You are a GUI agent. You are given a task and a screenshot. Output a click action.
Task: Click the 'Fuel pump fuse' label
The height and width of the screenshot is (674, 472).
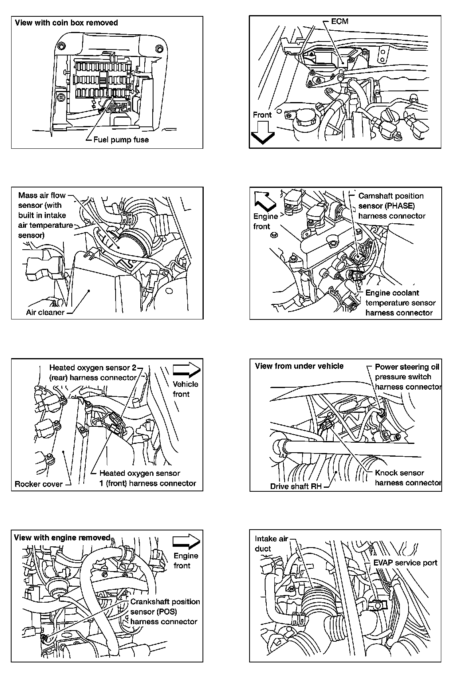coord(121,140)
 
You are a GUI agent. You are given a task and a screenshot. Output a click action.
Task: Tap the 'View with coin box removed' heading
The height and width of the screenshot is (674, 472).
coord(66,23)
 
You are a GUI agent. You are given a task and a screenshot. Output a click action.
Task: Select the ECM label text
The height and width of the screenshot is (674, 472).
coord(340,22)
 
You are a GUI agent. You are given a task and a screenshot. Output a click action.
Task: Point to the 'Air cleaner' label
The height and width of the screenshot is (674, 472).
coord(45,312)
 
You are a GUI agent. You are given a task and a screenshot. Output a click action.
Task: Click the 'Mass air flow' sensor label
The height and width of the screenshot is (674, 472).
coord(42,195)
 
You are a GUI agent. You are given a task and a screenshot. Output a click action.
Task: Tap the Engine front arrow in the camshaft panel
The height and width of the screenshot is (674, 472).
coord(265,201)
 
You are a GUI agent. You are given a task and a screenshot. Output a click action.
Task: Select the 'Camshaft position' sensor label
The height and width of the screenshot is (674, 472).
coord(391,196)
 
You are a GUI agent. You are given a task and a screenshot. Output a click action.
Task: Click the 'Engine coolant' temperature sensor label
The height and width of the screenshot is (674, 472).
coord(392,293)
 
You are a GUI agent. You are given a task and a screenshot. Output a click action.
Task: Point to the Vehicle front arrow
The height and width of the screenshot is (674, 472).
coord(187,370)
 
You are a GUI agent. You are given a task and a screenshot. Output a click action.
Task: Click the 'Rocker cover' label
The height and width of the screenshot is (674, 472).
coord(39,484)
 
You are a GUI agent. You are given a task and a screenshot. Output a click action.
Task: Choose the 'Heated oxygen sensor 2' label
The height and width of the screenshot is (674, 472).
coord(93,368)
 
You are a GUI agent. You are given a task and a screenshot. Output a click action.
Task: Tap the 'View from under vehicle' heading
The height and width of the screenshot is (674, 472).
coord(299,366)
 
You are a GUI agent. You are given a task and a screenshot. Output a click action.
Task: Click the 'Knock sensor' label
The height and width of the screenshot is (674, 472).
coord(399,473)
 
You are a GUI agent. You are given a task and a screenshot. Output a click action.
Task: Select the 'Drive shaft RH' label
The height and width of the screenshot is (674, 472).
coord(296,487)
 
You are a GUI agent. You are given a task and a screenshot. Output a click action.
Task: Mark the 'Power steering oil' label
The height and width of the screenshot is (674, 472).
coord(407,367)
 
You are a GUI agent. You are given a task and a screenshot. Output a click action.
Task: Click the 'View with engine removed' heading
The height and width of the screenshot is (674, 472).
coord(62,538)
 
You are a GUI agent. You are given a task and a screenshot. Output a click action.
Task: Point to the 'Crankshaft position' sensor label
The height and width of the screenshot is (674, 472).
coord(165,602)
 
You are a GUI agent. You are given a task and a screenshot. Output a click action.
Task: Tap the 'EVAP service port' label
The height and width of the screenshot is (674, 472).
coord(405,563)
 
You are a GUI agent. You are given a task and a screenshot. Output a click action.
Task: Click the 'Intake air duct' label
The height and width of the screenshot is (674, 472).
coord(271,539)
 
